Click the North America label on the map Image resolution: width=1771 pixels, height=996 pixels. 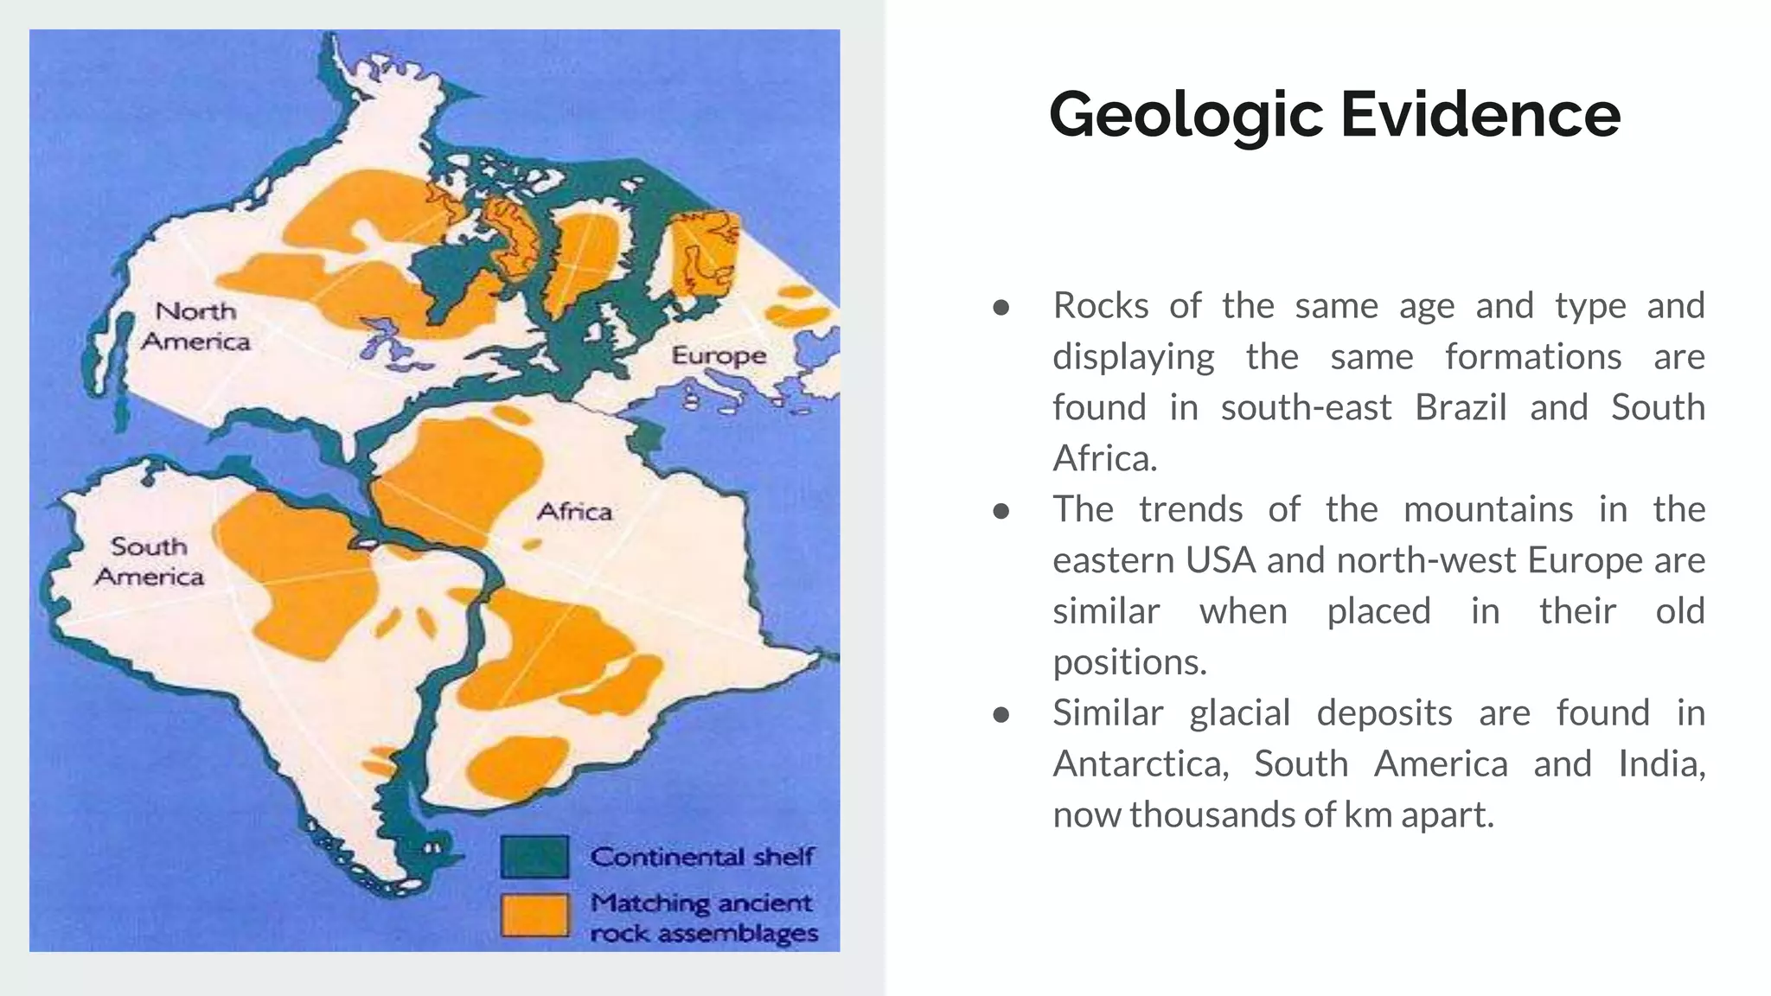pos(195,326)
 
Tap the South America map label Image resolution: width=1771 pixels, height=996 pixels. pos(150,561)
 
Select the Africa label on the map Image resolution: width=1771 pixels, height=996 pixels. pos(574,512)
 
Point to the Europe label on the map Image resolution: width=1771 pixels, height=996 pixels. pos(719,355)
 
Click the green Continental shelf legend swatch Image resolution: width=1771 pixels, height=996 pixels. pos(534,857)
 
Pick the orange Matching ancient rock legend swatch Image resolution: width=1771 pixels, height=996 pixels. pos(534,916)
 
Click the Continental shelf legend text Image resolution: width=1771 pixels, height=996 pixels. pos(701,857)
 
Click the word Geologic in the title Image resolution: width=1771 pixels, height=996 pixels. pos(1186,115)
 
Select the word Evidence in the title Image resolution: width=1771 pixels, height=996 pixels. pos(1480,115)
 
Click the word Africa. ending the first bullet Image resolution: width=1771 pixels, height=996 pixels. pos(1104,458)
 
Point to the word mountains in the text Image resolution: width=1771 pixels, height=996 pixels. pos(1487,509)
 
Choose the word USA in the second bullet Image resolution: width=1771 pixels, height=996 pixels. pos(1220,560)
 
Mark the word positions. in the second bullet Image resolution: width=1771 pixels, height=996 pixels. pos(1128,662)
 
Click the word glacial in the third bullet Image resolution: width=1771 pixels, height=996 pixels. pos(1239,713)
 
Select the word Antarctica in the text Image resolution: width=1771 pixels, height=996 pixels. pos(1140,764)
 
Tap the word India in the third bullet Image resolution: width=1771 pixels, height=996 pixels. pos(1660,764)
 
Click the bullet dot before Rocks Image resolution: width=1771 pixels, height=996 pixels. pos(1001,307)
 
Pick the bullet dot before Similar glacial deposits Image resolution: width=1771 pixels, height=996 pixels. pos(1001,714)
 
